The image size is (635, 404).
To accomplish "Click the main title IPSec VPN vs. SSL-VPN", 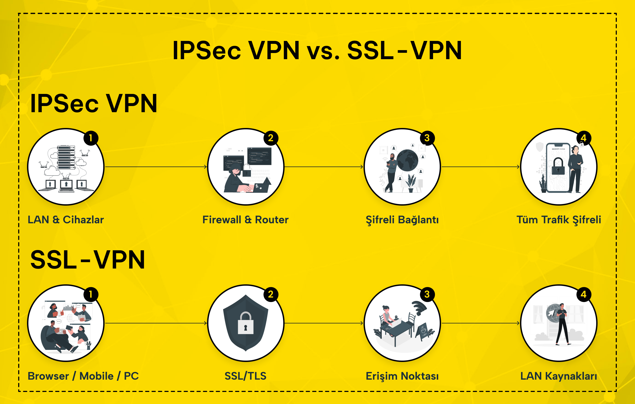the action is point(317,51).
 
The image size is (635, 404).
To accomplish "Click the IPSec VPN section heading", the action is point(94,104).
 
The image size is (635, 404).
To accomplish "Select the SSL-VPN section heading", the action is point(88,260).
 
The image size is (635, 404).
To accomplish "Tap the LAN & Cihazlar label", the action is point(66,220).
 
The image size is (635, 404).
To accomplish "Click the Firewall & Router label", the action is point(246,220).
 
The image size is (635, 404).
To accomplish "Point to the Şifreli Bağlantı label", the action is point(402,220).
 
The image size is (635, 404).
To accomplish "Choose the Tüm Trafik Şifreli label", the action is point(559,220).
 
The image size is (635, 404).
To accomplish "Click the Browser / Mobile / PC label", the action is point(83,376).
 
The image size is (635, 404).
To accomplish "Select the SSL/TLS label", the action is point(246,376).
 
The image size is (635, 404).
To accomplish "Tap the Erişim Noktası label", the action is point(402,376).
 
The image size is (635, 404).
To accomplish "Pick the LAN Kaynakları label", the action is point(559,376).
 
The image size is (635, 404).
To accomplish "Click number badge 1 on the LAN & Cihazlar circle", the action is point(91,138).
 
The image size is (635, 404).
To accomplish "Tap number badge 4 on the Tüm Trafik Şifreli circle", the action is point(584,138).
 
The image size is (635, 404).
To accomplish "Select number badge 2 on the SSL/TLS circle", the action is point(271,294).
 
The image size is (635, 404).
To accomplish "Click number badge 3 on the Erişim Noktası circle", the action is point(427,294).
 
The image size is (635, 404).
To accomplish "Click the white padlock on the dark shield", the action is point(246,323).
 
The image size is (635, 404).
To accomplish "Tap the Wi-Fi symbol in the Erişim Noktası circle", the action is point(419,308).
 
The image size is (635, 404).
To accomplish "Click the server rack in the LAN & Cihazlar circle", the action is point(66,158).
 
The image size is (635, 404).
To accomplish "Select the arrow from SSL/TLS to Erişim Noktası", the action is point(324,323).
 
